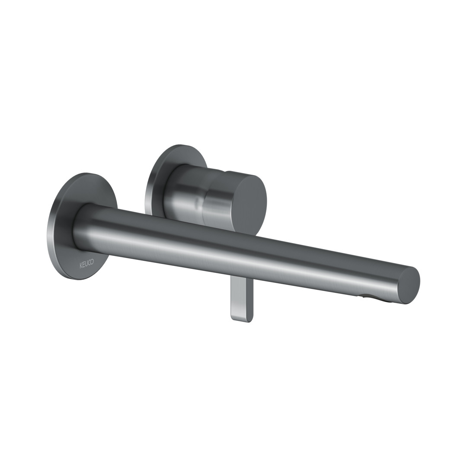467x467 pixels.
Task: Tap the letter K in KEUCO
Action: pyautogui.click(x=80, y=262)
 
